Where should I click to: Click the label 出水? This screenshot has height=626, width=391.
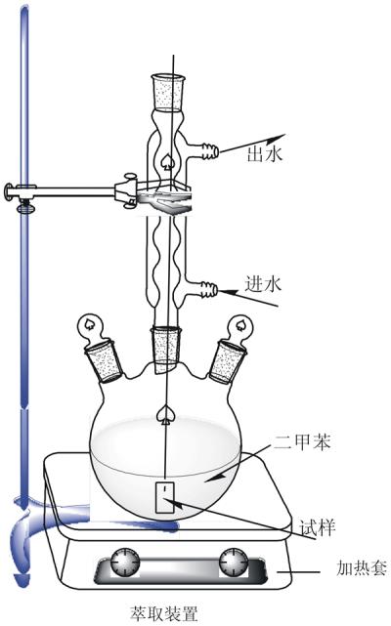pos(265,153)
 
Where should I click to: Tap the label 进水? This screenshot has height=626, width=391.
pos(263,284)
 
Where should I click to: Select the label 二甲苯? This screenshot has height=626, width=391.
pos(302,442)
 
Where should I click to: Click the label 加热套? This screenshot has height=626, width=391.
pos(362,567)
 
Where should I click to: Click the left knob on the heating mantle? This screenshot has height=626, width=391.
pos(125,563)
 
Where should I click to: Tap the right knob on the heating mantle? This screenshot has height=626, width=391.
pos(233,563)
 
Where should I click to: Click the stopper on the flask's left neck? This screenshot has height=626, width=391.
pos(104,359)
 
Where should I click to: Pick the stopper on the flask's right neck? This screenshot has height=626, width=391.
pos(227,361)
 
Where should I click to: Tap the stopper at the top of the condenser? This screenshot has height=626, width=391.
pos(169,93)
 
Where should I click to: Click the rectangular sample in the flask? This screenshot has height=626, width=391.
pos(164,497)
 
